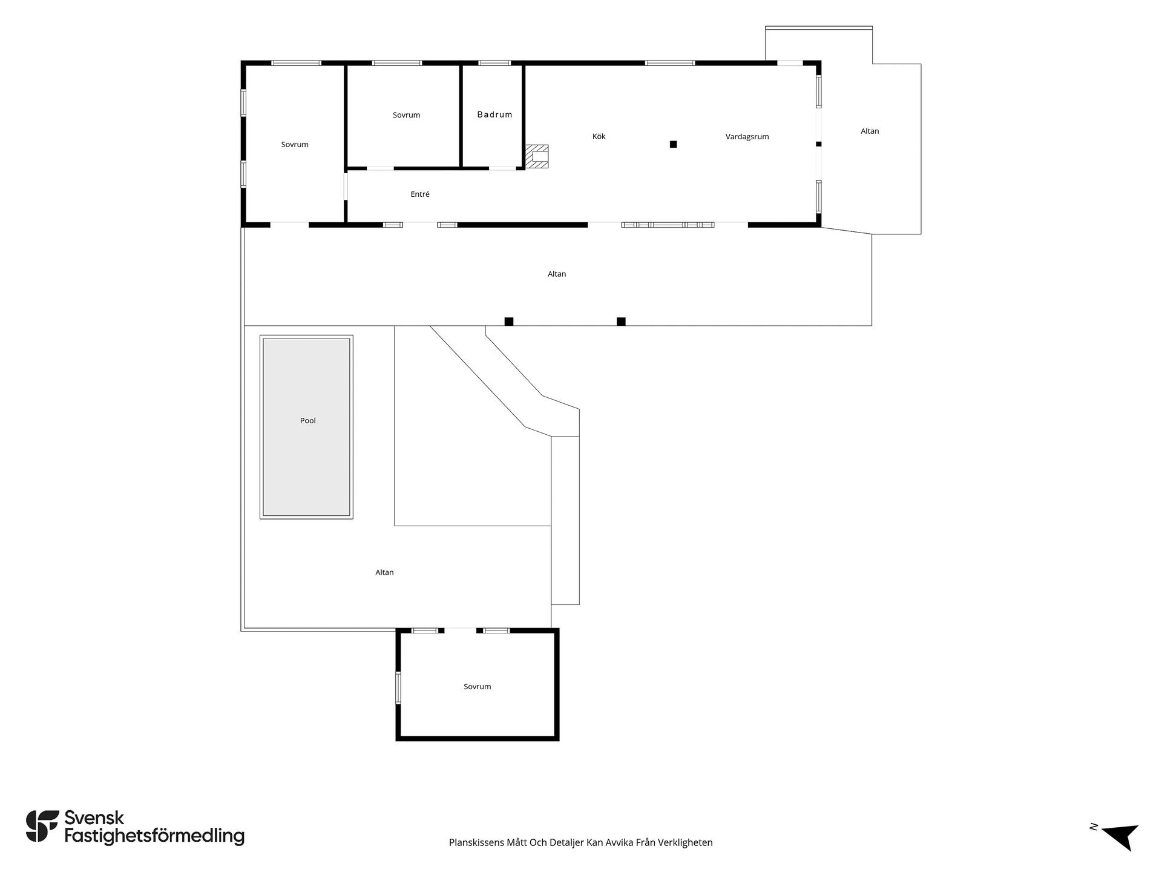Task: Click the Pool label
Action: (308, 421)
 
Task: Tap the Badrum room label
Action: (494, 114)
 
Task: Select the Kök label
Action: (599, 136)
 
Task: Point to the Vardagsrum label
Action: (747, 137)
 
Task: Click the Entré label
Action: (420, 194)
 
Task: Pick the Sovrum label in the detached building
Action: (477, 687)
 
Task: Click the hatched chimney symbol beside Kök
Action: (537, 156)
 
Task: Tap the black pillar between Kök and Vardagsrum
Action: (673, 144)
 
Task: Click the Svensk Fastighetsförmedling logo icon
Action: (42, 826)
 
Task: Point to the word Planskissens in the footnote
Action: (476, 842)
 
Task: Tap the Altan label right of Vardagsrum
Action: (870, 131)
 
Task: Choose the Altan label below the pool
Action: (384, 572)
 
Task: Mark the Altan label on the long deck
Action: (557, 274)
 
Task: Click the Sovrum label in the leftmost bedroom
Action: (295, 145)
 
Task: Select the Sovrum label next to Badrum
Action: (406, 115)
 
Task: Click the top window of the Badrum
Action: (494, 63)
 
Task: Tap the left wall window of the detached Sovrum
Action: (398, 688)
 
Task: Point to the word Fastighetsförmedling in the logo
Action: (154, 837)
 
